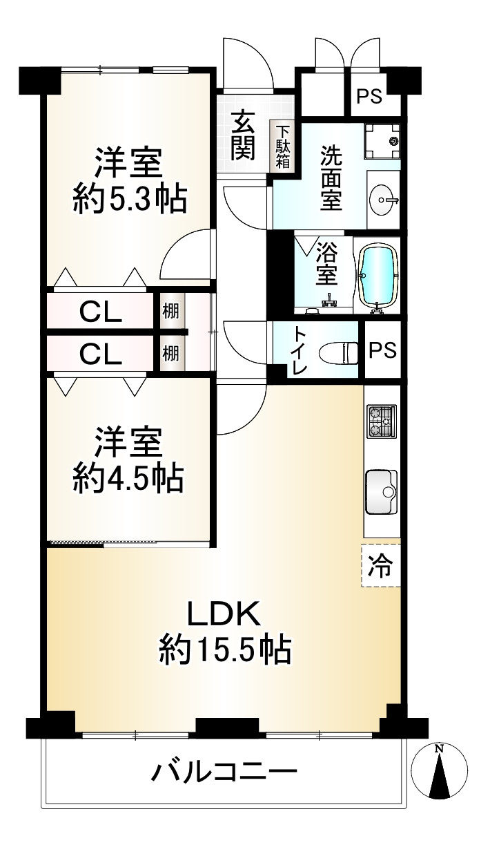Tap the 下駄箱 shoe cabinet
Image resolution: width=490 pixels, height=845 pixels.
(x=282, y=146)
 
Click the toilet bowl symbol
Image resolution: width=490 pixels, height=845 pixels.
(x=338, y=353)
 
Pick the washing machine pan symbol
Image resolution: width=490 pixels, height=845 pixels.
(x=382, y=142)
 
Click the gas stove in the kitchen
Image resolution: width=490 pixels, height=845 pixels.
(x=382, y=421)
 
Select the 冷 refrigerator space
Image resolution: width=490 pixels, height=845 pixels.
(x=381, y=565)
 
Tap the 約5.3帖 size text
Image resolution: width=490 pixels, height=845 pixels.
(x=130, y=199)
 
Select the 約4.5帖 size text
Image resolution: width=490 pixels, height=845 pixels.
(x=128, y=478)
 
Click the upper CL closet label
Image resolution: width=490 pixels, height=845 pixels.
(x=101, y=313)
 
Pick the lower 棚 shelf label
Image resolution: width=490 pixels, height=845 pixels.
(x=170, y=353)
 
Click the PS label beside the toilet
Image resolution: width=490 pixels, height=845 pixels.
(x=382, y=350)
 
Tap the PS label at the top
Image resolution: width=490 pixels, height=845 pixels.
(x=369, y=96)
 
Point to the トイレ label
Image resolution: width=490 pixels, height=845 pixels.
(x=300, y=351)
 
